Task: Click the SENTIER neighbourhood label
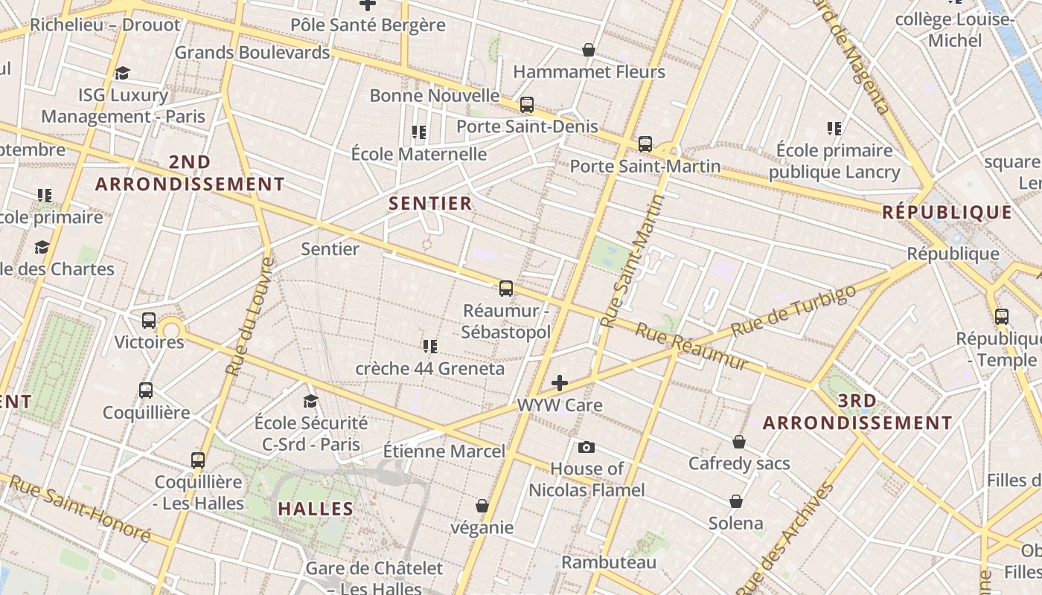(430, 203)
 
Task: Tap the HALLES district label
(316, 509)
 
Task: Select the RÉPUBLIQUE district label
(947, 213)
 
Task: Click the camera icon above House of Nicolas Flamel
(586, 447)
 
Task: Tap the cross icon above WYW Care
(560, 383)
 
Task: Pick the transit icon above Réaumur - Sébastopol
(506, 288)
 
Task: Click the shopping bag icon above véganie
(482, 506)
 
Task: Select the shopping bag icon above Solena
(736, 501)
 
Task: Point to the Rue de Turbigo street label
(793, 311)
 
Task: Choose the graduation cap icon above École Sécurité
(310, 402)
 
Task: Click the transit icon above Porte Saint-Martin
(645, 144)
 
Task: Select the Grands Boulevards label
(252, 53)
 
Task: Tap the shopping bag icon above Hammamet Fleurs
(589, 50)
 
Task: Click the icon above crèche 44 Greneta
(429, 347)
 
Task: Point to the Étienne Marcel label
(444, 451)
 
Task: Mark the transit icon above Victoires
(149, 321)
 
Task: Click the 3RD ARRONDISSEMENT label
(857, 412)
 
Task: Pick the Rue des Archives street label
(793, 535)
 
